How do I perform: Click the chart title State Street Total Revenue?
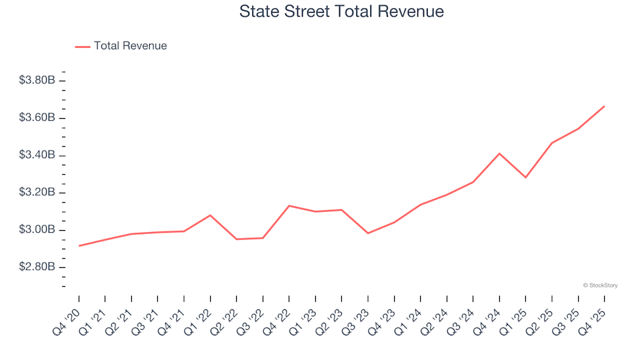[341, 12]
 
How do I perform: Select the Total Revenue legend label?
[130, 46]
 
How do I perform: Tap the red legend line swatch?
[83, 46]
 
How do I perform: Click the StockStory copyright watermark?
[600, 285]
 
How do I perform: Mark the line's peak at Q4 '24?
[499, 153]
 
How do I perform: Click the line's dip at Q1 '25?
[526, 177]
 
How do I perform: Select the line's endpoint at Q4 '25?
[604, 106]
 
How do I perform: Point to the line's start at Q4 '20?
[79, 246]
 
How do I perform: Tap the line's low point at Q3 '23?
[368, 233]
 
